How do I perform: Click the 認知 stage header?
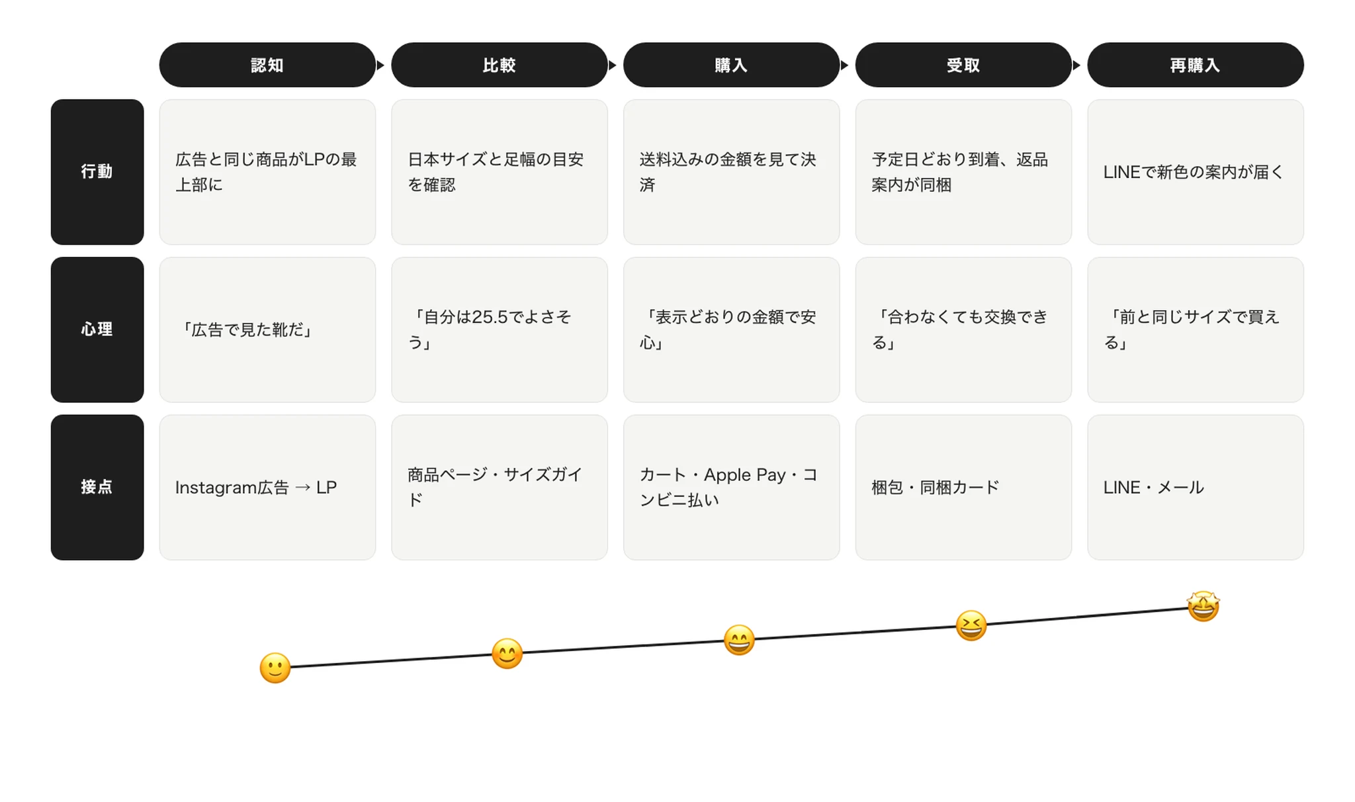pos(267,65)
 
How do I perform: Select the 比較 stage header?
pos(500,65)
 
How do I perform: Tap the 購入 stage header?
pos(731,65)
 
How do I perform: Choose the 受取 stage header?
pos(963,65)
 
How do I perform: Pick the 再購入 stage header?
pos(1196,65)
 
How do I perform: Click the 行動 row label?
pos(97,172)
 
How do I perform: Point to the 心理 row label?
pos(97,330)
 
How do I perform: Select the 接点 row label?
pos(97,488)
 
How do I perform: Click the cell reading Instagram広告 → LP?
pos(267,488)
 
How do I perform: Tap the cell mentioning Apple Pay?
pos(731,488)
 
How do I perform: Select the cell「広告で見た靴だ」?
pos(267,330)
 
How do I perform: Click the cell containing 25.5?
pos(500,330)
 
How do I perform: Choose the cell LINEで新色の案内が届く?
pos(1196,172)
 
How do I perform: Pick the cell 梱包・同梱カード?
pos(963,488)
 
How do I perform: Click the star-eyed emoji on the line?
pos(1203,606)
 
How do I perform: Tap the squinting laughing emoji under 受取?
pos(971,626)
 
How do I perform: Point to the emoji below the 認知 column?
pos(275,668)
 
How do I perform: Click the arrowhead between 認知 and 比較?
pos(380,65)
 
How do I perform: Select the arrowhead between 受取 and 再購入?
pos(1076,65)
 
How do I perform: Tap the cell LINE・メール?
pos(1196,488)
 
